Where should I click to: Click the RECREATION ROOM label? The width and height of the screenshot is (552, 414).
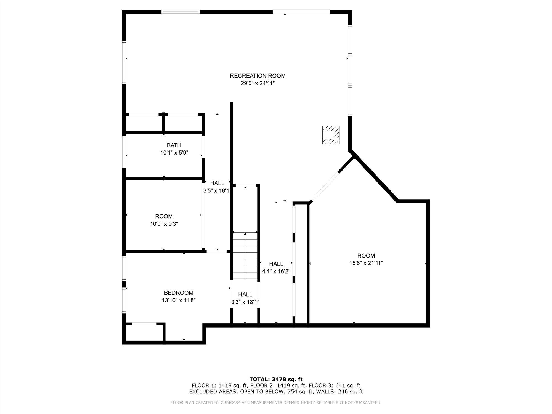258,76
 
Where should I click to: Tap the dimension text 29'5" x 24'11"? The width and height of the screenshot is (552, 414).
258,83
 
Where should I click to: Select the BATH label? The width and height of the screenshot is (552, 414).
174,145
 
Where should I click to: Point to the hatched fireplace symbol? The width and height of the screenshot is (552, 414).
331,135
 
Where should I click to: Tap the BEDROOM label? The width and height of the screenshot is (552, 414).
179,293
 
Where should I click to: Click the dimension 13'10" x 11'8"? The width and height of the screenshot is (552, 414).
179,300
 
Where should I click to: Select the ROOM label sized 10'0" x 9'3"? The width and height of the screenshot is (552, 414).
164,216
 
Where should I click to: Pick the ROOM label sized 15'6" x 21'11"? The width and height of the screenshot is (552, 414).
366,256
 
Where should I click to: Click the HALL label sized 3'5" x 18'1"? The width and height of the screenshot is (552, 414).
217,183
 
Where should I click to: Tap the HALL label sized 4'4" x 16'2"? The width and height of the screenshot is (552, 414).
276,264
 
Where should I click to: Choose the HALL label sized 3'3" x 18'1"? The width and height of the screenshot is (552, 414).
245,294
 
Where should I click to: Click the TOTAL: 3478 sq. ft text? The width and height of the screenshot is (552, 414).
276,379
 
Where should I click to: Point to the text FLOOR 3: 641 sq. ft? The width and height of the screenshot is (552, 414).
335,386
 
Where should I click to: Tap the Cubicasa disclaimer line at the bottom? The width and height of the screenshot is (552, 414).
276,403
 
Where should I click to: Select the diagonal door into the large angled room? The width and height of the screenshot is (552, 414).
325,187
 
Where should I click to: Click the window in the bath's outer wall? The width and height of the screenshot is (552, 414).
124,152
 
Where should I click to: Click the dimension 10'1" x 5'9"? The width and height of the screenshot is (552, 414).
174,153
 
